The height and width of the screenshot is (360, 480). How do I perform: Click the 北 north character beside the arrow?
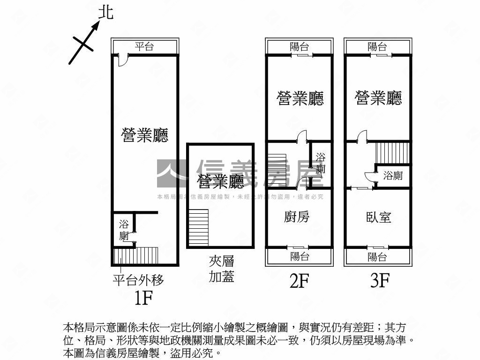pyautogui.click(x=106, y=13)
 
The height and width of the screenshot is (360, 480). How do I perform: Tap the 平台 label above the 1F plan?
pyautogui.click(x=144, y=47)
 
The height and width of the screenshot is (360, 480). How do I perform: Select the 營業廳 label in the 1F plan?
pyautogui.click(x=145, y=135)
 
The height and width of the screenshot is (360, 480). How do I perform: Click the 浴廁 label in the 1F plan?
pyautogui.click(x=124, y=230)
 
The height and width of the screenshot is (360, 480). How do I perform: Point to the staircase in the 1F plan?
pyautogui.click(x=136, y=255)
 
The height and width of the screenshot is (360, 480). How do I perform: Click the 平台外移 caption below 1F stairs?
pyautogui.click(x=138, y=280)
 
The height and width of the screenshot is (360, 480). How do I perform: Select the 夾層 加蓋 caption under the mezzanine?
pyautogui.click(x=222, y=269)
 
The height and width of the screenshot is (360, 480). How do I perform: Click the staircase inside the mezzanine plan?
pyautogui.click(x=198, y=228)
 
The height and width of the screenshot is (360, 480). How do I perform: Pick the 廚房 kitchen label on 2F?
pyautogui.click(x=297, y=217)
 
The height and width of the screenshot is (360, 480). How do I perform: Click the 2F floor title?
pyautogui.click(x=300, y=281)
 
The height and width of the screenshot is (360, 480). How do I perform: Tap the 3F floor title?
pyautogui.click(x=380, y=280)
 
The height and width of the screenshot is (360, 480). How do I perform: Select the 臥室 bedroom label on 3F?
pyautogui.click(x=379, y=217)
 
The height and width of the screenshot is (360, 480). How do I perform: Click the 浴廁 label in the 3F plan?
pyautogui.click(x=393, y=176)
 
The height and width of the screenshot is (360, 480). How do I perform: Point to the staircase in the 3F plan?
pyautogui.click(x=392, y=153)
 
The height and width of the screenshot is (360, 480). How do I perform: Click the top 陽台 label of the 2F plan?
pyautogui.click(x=299, y=47)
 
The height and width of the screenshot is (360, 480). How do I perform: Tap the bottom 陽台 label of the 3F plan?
pyautogui.click(x=377, y=257)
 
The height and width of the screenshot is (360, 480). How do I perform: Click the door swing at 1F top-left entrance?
pyautogui.click(x=122, y=60)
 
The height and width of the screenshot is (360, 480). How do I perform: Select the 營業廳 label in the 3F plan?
pyautogui.click(x=378, y=98)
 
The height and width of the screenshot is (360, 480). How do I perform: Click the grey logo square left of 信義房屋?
pyautogui.click(x=172, y=173)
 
